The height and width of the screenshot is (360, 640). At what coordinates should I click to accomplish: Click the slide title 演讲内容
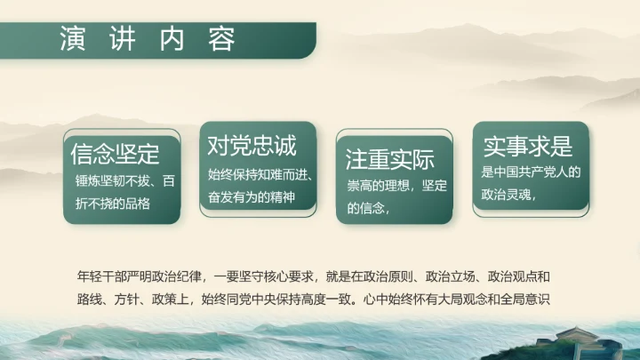[148, 40]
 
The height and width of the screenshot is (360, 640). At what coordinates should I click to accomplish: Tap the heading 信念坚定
[115, 154]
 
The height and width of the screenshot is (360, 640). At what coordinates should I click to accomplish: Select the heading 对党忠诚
[252, 144]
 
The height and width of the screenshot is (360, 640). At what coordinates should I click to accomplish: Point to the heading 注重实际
[389, 160]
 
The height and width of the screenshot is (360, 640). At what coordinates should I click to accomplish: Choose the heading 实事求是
[527, 146]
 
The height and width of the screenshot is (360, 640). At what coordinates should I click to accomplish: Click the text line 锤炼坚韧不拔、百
[124, 180]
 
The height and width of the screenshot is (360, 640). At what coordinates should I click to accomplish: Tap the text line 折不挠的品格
[114, 203]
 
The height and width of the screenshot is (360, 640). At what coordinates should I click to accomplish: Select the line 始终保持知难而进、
[257, 173]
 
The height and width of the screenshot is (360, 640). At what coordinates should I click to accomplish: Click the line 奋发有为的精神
[251, 196]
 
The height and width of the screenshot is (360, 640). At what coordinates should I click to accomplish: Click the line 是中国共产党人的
[530, 172]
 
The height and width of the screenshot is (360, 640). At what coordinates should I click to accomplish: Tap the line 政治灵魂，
[510, 196]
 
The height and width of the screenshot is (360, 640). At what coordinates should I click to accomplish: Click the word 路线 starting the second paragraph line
[88, 298]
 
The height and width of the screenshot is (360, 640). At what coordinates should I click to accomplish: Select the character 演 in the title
[72, 40]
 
